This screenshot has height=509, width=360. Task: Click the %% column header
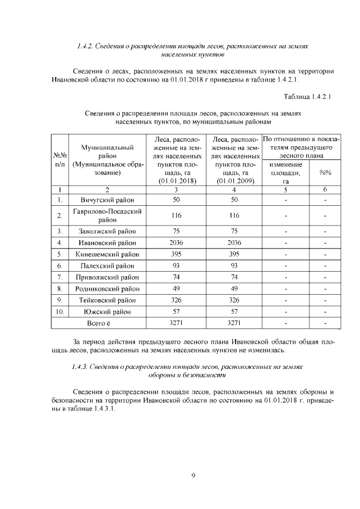click(x=325, y=173)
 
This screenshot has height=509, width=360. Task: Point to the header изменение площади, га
click(x=286, y=173)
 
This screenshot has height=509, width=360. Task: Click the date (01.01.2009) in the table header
click(x=233, y=181)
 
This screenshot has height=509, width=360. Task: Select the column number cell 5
click(x=286, y=190)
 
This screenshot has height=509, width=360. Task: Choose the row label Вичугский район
click(x=106, y=200)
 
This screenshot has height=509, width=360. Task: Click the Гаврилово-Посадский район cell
click(x=106, y=215)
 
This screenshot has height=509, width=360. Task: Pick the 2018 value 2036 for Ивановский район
click(x=176, y=243)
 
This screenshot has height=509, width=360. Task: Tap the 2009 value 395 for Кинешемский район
click(x=233, y=254)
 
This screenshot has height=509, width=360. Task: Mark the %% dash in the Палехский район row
click(x=325, y=265)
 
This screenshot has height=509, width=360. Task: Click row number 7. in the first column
click(x=60, y=277)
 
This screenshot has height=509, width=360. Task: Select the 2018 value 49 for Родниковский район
click(x=176, y=289)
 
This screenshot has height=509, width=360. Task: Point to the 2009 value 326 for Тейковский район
click(x=233, y=300)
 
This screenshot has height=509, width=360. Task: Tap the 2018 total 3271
click(x=176, y=323)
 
